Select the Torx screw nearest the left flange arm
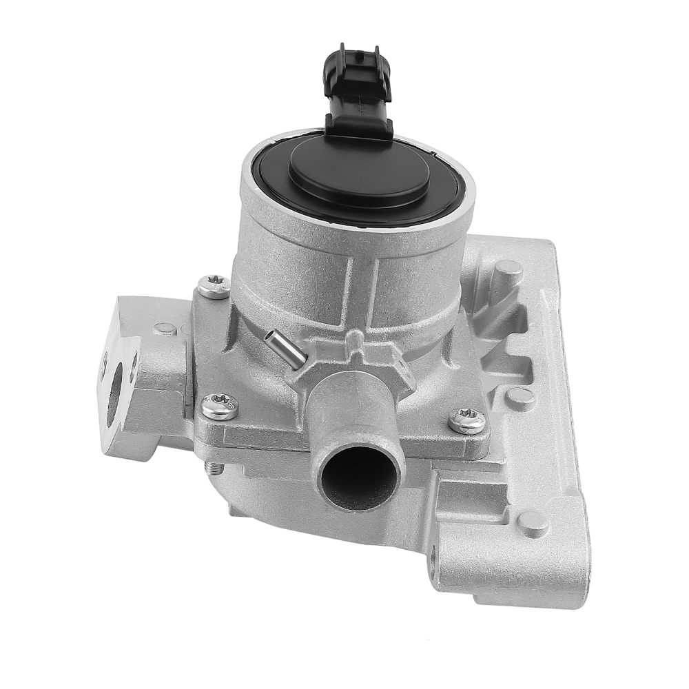214,286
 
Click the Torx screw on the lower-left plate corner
220,407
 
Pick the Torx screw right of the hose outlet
466,420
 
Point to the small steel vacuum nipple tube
285,347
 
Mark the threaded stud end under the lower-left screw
214,468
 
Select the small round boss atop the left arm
165,329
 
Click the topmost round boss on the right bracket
508,269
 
